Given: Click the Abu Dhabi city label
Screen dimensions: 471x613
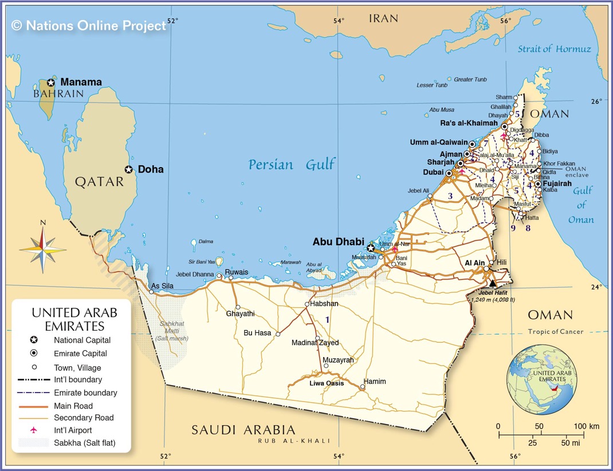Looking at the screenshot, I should (x=338, y=242).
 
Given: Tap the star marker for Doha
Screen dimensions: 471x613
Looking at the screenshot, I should (x=129, y=170).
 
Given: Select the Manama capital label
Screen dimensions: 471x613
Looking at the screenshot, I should (x=81, y=82).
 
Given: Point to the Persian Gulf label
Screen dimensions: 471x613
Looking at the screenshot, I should (x=292, y=165).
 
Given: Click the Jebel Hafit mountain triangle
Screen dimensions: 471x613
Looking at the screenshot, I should (x=493, y=283).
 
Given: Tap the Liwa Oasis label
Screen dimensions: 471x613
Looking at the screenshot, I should (x=327, y=383).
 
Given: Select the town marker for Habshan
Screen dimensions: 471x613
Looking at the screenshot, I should (x=307, y=304).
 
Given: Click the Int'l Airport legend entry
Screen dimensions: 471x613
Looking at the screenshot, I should (x=72, y=430).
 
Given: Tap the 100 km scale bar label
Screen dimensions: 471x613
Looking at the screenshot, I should (x=586, y=426).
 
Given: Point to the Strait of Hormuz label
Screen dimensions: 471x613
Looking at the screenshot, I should (x=554, y=49).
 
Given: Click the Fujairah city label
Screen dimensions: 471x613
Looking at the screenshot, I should (x=557, y=183).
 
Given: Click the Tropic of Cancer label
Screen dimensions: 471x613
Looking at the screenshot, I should (x=555, y=332).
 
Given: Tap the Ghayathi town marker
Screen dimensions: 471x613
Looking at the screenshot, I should (x=237, y=307).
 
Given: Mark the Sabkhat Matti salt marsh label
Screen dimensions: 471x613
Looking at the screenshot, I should (x=171, y=331).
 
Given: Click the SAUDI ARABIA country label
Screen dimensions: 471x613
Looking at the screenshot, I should (x=243, y=430).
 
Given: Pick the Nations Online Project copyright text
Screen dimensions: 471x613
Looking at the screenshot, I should (x=89, y=25).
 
